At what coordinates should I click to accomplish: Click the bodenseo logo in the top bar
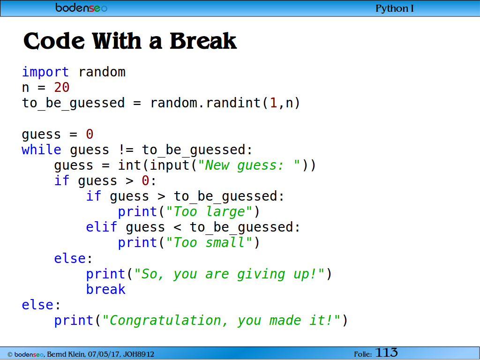(81, 7)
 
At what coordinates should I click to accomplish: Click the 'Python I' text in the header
(394, 8)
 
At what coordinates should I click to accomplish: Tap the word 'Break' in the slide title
(203, 41)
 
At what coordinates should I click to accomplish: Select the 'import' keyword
(45, 72)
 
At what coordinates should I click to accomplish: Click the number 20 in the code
(62, 88)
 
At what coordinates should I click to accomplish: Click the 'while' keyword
(41, 150)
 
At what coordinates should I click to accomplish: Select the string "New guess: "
(249, 165)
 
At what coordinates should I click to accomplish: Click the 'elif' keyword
(101, 227)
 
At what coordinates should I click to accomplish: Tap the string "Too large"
(209, 212)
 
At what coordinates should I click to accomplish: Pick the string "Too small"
(209, 243)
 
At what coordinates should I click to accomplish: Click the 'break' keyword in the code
(105, 289)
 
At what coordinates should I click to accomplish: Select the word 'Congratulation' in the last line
(165, 321)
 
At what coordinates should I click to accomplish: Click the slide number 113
(386, 352)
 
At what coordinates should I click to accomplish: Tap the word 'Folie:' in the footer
(363, 354)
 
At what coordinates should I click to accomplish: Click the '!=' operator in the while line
(126, 150)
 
